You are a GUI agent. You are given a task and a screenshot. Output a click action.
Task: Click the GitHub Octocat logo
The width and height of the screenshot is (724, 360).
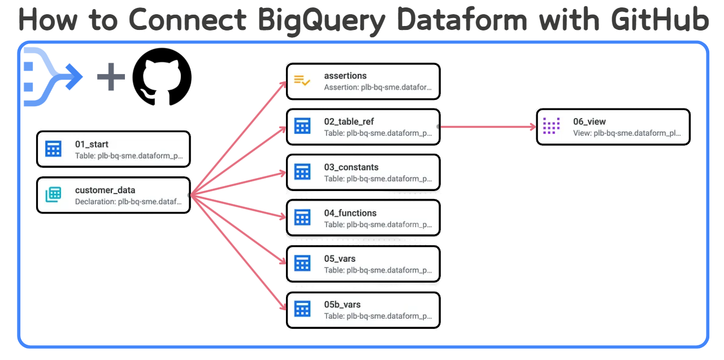pos(162,77)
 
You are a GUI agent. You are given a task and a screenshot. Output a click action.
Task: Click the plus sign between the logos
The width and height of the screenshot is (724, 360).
pos(111,77)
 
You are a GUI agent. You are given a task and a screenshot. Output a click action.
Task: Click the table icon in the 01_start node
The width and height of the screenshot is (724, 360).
pos(54,149)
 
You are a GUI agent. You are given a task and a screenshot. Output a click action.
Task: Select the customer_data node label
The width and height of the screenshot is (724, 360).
pos(105,190)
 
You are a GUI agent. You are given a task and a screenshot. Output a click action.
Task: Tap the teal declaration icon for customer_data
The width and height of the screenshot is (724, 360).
pos(54,195)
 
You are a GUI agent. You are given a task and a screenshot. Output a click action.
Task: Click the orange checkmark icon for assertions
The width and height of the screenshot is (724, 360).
pos(302,81)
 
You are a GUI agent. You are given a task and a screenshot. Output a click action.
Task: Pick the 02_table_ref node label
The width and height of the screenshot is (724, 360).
pos(349,122)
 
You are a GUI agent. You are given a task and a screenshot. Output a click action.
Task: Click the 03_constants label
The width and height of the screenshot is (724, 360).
pos(351,167)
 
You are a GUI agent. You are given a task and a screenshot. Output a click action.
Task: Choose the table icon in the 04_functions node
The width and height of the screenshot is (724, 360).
pos(302,218)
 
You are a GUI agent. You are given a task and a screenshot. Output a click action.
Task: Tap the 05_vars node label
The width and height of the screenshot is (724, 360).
pos(340,259)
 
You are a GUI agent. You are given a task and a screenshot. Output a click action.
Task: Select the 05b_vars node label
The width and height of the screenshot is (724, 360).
pos(342,305)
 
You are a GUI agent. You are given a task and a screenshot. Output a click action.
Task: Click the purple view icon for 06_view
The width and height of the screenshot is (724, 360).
pos(551,127)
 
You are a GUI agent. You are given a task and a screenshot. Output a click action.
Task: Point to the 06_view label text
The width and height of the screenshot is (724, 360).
pos(589,122)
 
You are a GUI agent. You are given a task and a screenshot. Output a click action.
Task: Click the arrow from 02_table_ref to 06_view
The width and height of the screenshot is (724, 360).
pos(486,127)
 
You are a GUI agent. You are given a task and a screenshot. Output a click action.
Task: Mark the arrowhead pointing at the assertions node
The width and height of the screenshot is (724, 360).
pos(284,84)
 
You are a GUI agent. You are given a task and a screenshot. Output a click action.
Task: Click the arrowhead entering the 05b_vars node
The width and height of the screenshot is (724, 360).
pos(284,307)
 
